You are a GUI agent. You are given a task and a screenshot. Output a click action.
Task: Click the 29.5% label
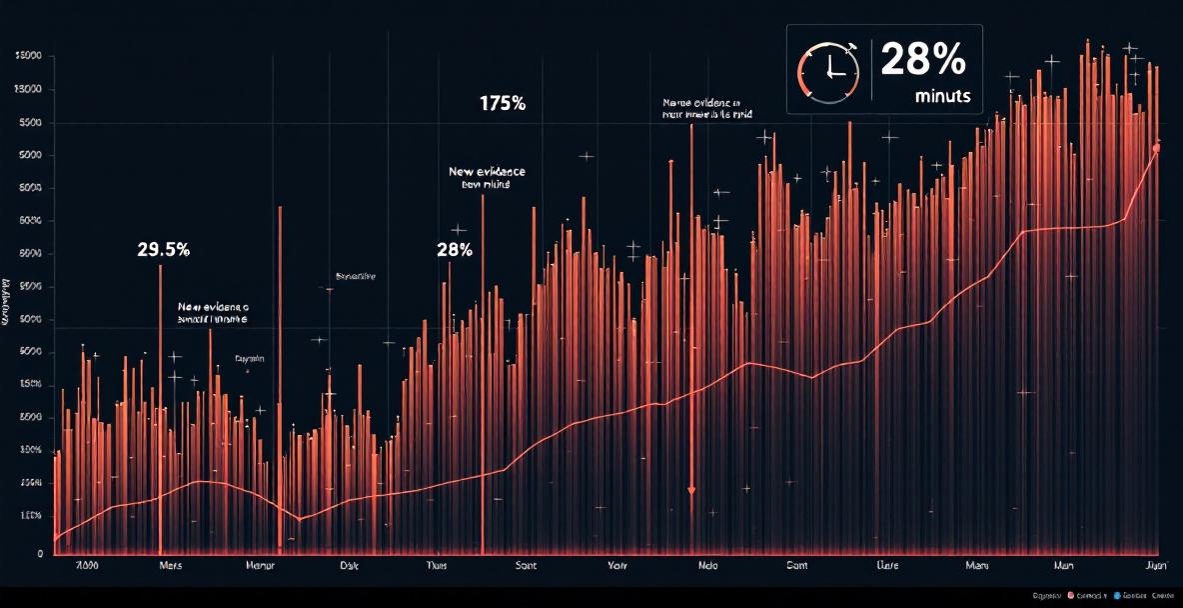163,250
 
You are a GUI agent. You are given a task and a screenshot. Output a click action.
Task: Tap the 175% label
503,103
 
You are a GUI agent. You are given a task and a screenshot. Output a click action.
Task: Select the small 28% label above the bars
455,249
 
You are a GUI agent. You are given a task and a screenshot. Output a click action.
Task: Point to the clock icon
827,71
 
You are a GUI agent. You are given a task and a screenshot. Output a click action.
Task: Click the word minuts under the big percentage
942,98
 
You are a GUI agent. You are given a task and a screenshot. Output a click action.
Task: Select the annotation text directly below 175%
487,178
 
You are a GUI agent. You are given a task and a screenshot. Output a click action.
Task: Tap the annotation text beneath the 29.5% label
212,313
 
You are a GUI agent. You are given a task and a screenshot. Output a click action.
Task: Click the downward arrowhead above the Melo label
690,490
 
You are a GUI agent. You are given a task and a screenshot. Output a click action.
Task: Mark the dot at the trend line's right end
1156,149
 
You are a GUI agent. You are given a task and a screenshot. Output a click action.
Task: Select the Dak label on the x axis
349,566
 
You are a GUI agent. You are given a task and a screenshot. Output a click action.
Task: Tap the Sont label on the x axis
526,566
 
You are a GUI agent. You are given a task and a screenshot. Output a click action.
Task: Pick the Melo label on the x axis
706,566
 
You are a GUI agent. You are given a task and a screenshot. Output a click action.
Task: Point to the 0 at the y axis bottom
40,552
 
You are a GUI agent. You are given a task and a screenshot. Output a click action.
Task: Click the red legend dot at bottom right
1071,595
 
